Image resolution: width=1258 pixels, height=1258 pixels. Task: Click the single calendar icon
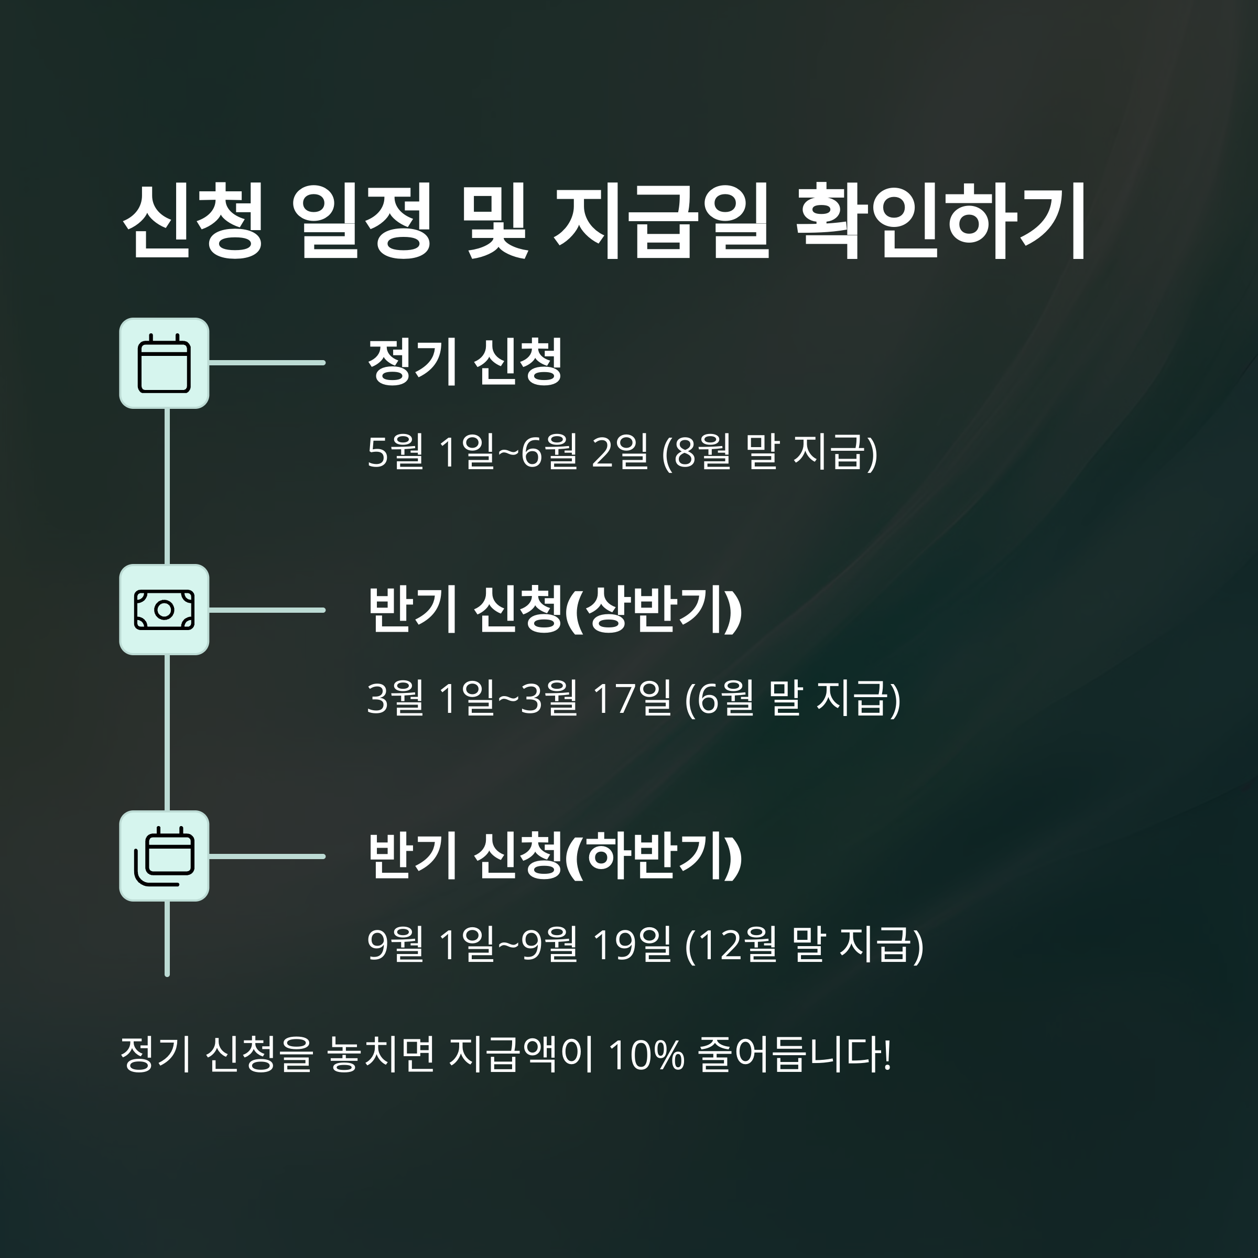164,363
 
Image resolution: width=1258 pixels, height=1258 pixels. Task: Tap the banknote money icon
164,610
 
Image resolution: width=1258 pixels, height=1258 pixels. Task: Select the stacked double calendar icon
164,856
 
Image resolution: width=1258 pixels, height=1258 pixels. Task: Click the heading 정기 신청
464,362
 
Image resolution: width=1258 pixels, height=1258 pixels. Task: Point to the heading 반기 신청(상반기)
554,610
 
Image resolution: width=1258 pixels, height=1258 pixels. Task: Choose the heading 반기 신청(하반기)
554,856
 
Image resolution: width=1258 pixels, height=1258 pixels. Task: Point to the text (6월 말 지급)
793,698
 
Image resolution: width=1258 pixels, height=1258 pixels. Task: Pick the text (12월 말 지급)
804,945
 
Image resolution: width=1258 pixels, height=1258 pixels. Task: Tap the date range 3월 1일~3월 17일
519,698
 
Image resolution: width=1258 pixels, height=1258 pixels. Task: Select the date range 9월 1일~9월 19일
519,945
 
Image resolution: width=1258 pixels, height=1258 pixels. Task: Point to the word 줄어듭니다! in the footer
794,1054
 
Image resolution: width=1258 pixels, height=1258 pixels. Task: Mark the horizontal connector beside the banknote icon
267,610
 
